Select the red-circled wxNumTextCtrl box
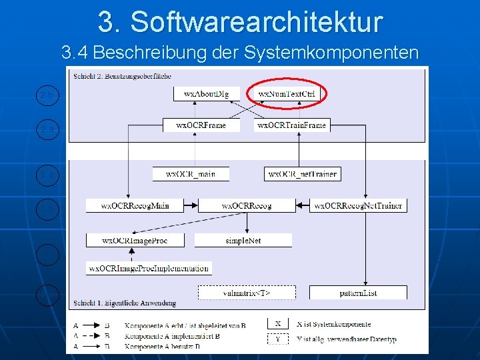[x=287, y=94]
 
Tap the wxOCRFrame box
[x=201, y=125]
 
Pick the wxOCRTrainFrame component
[x=291, y=125]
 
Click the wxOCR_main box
[x=191, y=174]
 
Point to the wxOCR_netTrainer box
[x=302, y=174]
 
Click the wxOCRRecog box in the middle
[x=246, y=205]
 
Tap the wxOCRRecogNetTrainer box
[x=359, y=205]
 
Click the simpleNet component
[x=243, y=240]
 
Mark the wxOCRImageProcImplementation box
[x=149, y=268]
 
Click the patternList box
[x=358, y=292]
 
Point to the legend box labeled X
[x=278, y=324]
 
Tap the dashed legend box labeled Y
[x=278, y=339]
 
